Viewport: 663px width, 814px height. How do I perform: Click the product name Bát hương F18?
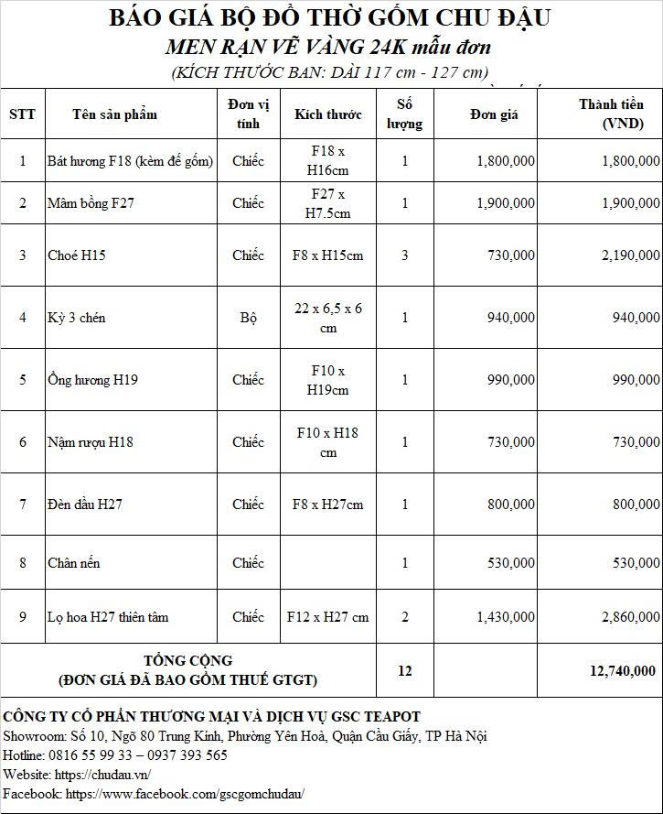[130, 161]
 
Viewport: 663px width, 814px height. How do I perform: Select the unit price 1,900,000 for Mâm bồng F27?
[506, 203]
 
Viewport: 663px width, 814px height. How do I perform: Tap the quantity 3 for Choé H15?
[405, 255]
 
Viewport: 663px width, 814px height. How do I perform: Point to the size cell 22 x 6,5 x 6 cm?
[328, 318]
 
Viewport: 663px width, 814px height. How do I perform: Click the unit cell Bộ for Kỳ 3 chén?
[248, 318]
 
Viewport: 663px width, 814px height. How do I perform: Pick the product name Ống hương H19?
[93, 380]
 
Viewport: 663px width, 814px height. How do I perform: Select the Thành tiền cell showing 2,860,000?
[630, 617]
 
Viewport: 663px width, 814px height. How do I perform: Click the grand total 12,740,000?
[621, 671]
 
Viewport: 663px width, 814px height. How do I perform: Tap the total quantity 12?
[405, 671]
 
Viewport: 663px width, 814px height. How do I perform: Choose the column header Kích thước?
[328, 114]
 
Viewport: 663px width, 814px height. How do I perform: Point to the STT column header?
[22, 114]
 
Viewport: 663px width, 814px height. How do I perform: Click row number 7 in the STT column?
[23, 505]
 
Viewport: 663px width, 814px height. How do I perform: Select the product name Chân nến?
[74, 563]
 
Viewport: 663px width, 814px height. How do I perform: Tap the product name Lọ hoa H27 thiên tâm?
[108, 617]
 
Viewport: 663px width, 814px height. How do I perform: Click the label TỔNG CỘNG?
[188, 660]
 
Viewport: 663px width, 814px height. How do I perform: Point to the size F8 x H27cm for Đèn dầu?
[328, 505]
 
